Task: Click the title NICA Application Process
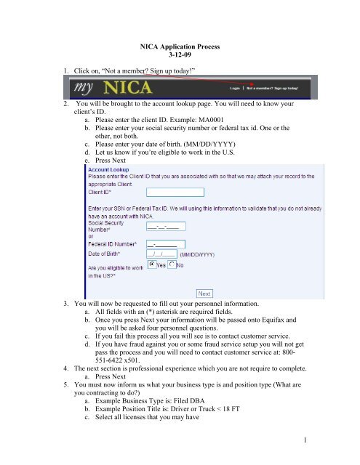(180, 44)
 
